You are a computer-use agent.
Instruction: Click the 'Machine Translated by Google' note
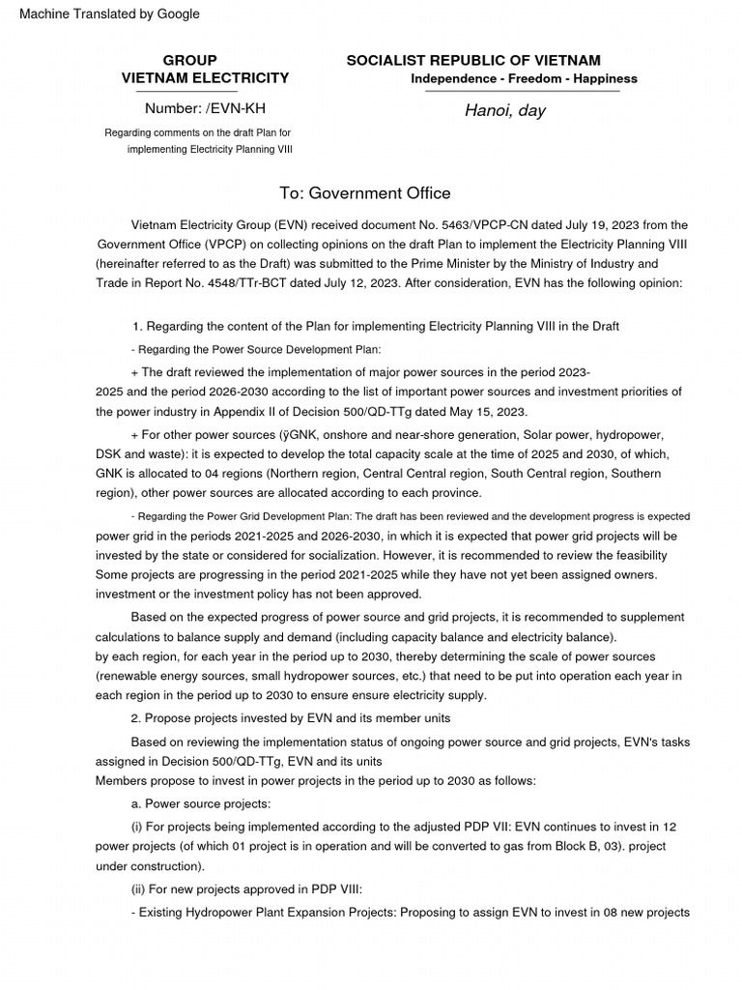(109, 14)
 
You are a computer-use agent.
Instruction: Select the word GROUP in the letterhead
(189, 60)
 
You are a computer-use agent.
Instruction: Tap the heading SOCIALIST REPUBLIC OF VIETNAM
(473, 60)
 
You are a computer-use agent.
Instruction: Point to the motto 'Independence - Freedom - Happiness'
(524, 78)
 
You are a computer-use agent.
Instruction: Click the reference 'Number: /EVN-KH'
(205, 108)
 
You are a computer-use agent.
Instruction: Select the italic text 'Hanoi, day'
(504, 110)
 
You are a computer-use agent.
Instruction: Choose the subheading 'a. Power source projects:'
(201, 803)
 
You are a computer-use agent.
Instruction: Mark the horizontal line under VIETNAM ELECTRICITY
(205, 92)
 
